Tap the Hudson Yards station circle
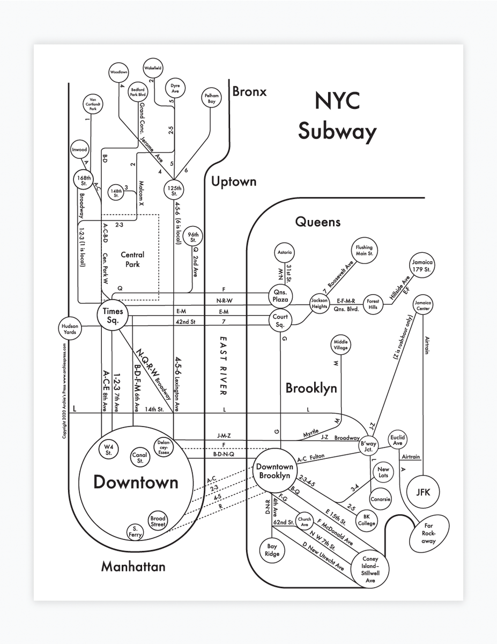coord(70,329)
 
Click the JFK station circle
coord(427,492)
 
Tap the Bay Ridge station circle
coord(272,550)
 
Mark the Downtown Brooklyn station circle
coord(274,472)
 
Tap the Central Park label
coord(132,259)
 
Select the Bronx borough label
coord(249,92)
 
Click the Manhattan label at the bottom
coord(133,566)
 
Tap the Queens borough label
coord(317,222)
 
